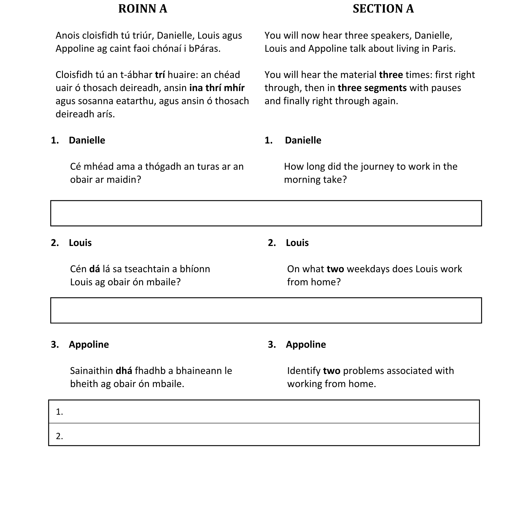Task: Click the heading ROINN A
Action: click(143, 9)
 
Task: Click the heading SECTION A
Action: click(383, 9)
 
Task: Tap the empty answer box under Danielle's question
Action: click(266, 213)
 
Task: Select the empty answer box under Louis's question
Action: click(266, 310)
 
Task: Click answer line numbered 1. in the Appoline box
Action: click(264, 412)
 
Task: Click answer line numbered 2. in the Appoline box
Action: click(264, 436)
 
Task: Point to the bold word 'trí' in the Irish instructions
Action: click(160, 75)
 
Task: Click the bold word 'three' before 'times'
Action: click(391, 75)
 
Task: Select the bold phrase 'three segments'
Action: click(372, 88)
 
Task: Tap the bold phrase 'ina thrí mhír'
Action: click(217, 88)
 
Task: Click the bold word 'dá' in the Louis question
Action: click(95, 269)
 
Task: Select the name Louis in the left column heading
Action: click(80, 243)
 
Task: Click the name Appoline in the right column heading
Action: click(306, 344)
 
